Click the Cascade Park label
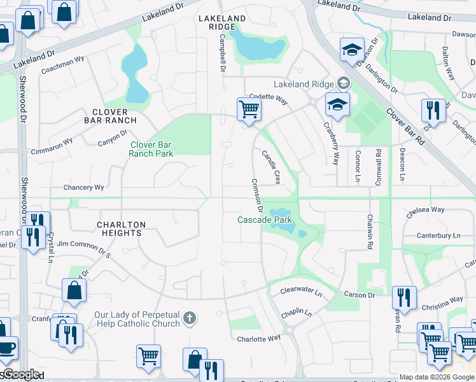click(265, 220)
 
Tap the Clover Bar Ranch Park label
click(151, 149)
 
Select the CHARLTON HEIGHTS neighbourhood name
click(122, 229)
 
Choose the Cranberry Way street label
click(331, 144)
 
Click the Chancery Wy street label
click(83, 188)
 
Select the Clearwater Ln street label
click(302, 291)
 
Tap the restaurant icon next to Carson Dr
click(404, 297)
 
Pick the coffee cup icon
click(6, 348)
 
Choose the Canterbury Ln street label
click(438, 236)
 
